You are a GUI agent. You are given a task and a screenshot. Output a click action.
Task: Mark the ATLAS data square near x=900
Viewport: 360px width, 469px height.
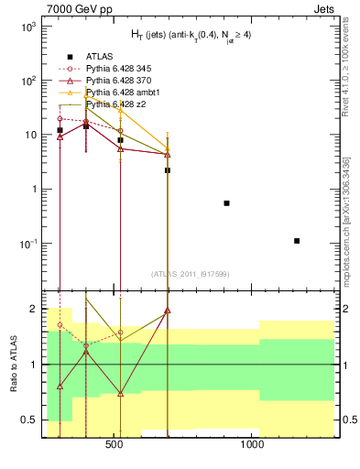(x=226, y=202)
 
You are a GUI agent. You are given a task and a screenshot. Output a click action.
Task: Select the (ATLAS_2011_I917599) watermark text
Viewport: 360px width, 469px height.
(x=190, y=274)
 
